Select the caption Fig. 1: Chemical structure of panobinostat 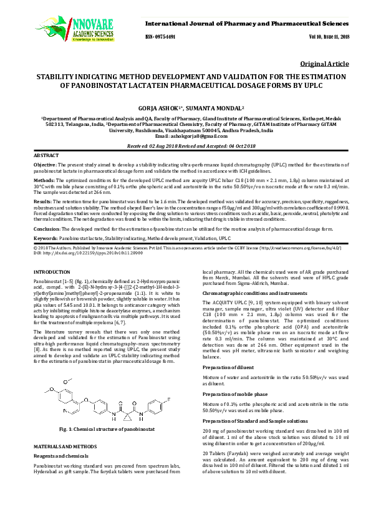[107, 430]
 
